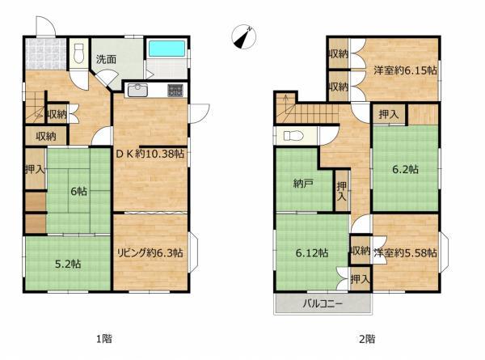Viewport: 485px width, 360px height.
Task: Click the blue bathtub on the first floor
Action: pyautogui.click(x=167, y=49)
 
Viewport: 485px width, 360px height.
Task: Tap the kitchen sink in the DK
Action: pyautogui.click(x=137, y=91)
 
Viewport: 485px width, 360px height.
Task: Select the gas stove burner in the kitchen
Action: pyautogui.click(x=175, y=91)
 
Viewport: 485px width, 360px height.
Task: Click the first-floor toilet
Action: pyautogui.click(x=79, y=53)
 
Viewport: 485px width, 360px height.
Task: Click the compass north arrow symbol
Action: pyautogui.click(x=244, y=36)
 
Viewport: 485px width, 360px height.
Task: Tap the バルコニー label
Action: pyautogui.click(x=323, y=303)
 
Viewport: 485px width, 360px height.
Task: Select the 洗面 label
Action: pyautogui.click(x=106, y=59)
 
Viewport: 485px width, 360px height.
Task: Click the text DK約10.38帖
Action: pyautogui.click(x=150, y=154)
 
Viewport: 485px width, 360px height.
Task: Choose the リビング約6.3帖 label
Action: pyautogui.click(x=150, y=253)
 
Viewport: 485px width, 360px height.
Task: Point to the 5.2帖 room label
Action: pyautogui.click(x=68, y=264)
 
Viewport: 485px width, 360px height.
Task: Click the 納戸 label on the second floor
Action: pyautogui.click(x=303, y=184)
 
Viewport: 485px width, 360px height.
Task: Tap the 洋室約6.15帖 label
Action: pyautogui.click(x=405, y=70)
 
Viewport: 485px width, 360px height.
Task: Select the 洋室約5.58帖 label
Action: pyautogui.click(x=405, y=253)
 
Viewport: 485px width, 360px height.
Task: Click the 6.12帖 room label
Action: pyautogui.click(x=312, y=253)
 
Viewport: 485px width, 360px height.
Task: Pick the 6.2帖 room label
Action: pyautogui.click(x=406, y=169)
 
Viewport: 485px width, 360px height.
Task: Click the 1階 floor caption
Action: pyautogui.click(x=104, y=339)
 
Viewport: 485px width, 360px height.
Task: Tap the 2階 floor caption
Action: pyautogui.click(x=367, y=339)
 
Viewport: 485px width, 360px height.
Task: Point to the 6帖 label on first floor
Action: pyautogui.click(x=79, y=191)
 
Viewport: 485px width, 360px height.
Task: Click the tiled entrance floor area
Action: pyautogui.click(x=46, y=54)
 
